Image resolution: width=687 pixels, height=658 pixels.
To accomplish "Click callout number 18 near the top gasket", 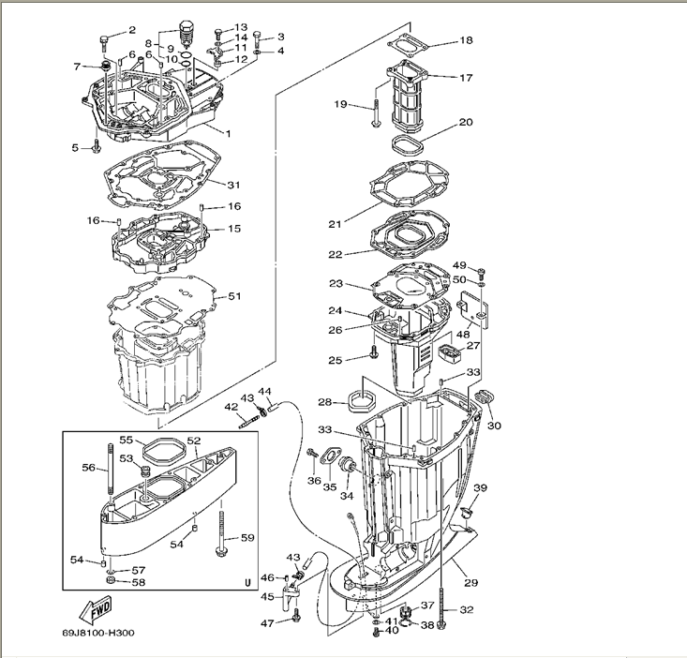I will tap(466, 41).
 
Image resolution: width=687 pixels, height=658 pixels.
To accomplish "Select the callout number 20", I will tap(466, 123).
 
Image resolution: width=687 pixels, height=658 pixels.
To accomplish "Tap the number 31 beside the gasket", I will tap(233, 185).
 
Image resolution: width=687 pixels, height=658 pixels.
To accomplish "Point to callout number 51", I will tap(234, 296).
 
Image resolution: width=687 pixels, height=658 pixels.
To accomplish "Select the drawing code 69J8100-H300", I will tap(99, 633).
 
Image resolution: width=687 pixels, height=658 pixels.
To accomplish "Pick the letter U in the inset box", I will tap(247, 581).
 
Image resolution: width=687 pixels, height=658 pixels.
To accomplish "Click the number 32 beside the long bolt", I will tap(467, 610).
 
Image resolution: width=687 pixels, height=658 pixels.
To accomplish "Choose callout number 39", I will tap(481, 488).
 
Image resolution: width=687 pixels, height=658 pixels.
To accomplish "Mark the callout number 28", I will tap(325, 402).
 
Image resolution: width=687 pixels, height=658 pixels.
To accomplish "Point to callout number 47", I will tap(267, 622).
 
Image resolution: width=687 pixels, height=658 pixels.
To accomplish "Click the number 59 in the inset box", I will tap(247, 537).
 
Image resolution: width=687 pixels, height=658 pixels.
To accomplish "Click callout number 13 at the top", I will tap(241, 27).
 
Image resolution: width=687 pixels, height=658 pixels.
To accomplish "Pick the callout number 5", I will tap(75, 147).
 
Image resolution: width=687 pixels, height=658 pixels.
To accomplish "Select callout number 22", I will tap(335, 253).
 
